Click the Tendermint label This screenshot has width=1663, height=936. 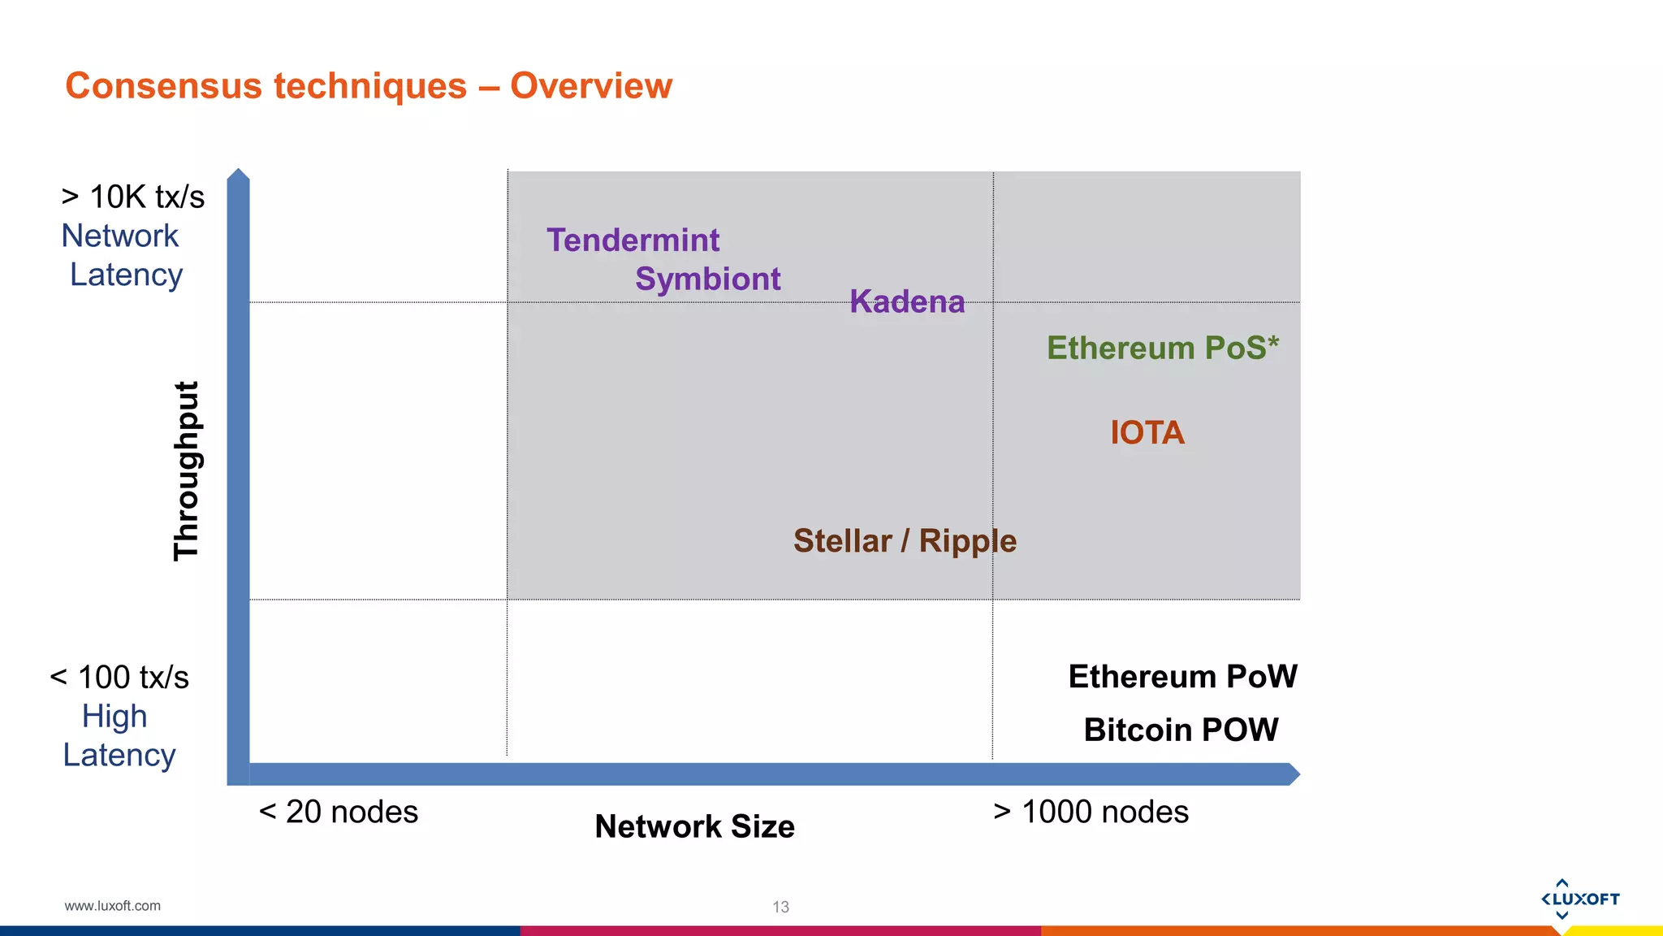(633, 240)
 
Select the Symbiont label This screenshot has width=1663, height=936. (707, 279)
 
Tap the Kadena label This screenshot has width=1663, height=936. (907, 301)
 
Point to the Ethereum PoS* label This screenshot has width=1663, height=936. (1162, 348)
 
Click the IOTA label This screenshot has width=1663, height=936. (1147, 432)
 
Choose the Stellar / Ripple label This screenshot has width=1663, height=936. (905, 541)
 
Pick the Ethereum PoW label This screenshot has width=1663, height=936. (1182, 676)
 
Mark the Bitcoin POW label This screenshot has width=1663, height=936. (1181, 730)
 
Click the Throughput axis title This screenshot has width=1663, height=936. (187, 470)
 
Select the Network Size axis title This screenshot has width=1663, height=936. (694, 826)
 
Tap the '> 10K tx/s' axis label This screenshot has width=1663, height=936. (133, 197)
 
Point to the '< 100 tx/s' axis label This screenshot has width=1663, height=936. (119, 677)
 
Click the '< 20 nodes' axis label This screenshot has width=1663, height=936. (338, 812)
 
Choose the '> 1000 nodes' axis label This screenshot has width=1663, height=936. (1091, 812)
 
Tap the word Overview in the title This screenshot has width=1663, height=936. (591, 86)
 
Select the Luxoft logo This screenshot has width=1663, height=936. (1579, 899)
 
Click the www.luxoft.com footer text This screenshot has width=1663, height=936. (112, 906)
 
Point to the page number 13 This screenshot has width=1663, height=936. (780, 907)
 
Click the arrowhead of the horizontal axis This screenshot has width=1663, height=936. (1293, 774)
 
